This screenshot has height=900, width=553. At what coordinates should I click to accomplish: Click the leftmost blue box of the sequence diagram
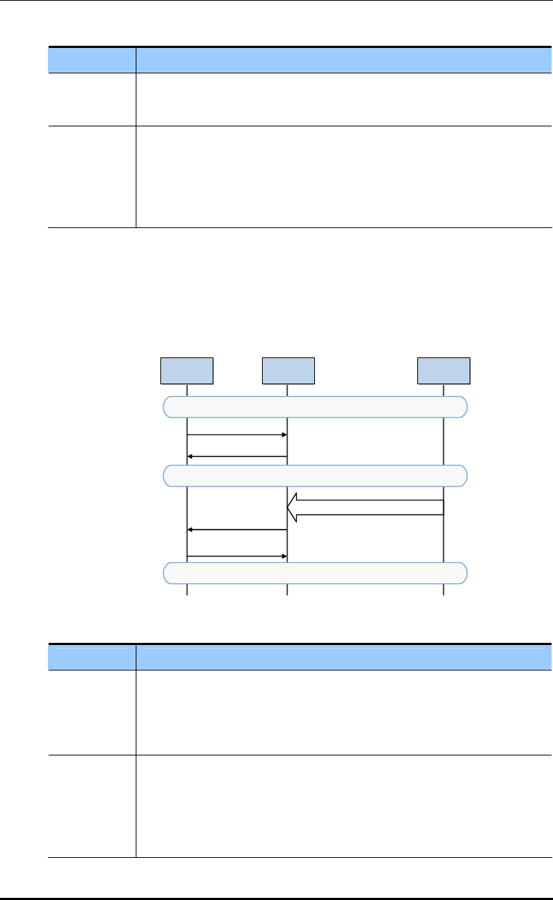tap(187, 370)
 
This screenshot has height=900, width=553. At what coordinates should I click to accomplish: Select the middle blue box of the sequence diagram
tap(288, 370)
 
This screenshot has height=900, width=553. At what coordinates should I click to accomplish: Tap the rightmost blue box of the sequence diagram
tap(443, 370)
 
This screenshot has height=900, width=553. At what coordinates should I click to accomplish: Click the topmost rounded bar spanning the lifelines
tap(315, 407)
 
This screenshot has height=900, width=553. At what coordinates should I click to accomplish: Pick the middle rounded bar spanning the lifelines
tap(315, 475)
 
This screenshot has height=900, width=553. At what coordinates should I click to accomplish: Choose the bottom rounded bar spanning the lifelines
tap(315, 573)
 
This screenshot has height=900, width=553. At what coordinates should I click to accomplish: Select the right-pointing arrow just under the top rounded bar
tap(237, 434)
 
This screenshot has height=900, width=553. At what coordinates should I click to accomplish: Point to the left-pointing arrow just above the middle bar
tap(237, 456)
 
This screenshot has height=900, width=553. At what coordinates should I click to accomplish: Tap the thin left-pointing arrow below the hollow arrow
tap(237, 530)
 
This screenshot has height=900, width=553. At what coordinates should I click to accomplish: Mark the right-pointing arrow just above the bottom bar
tap(237, 556)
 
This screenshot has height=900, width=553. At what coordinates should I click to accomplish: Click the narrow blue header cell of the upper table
tap(92, 60)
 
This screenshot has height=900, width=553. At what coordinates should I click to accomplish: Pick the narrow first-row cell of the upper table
tap(92, 99)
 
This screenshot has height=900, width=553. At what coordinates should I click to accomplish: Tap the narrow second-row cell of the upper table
tap(92, 177)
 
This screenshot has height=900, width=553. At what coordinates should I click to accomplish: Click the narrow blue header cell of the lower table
tap(92, 657)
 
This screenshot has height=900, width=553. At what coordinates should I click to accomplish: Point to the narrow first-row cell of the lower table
tap(92, 712)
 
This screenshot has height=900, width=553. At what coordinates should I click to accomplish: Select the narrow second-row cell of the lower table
tap(92, 806)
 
